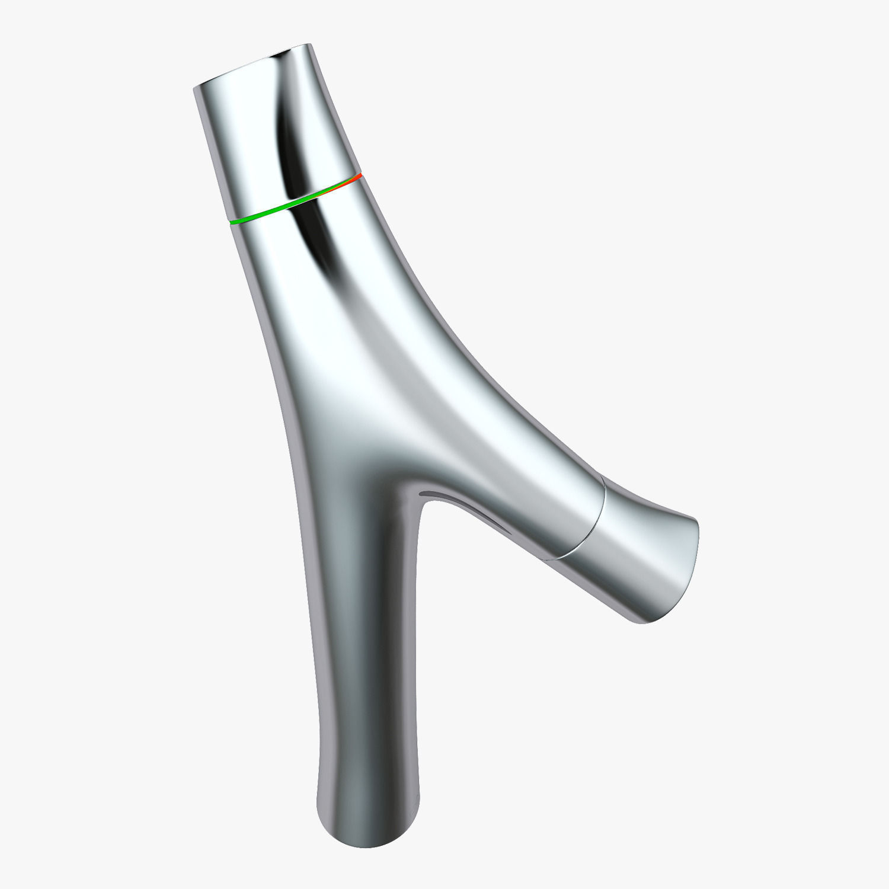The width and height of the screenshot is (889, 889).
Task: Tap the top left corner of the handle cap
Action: click(x=195, y=89)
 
